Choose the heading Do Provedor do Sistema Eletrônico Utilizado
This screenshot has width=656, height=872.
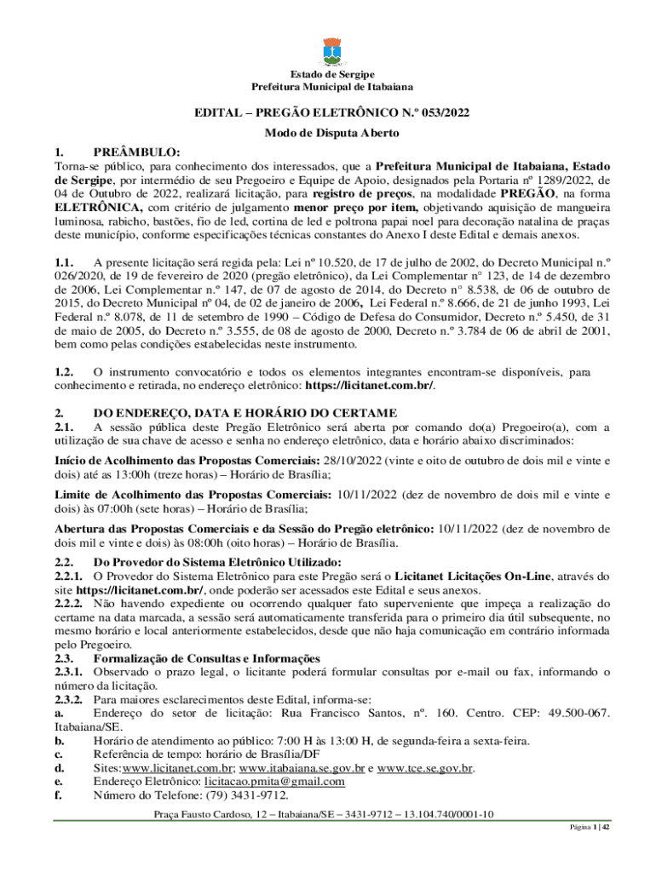point(217,562)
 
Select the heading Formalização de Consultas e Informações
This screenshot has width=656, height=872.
point(207,658)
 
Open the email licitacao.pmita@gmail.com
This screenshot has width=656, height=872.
point(274,782)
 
